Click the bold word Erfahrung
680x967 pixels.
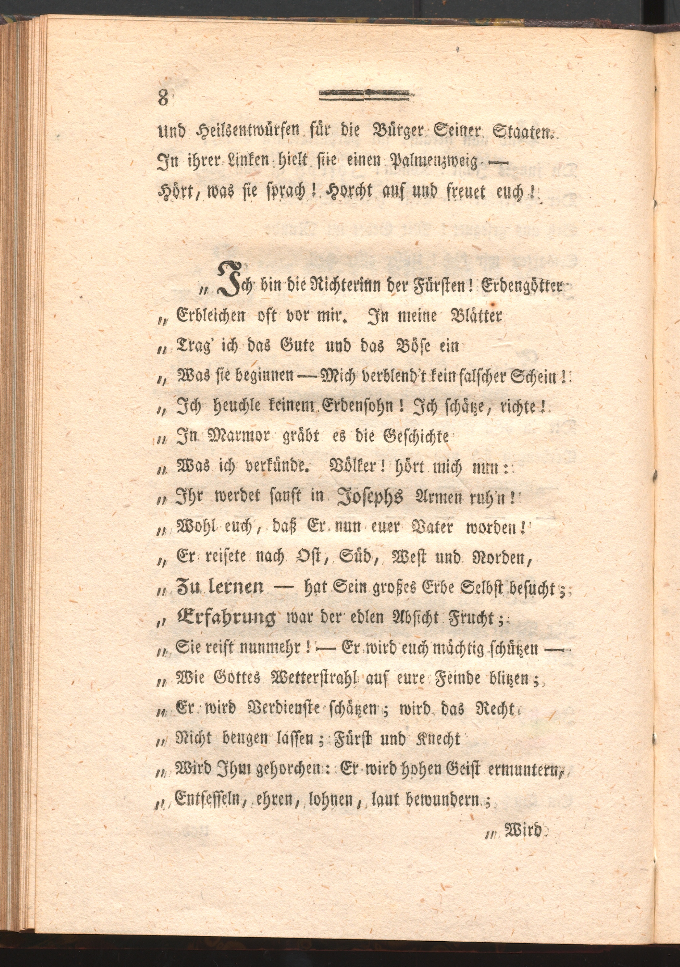click(x=225, y=619)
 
